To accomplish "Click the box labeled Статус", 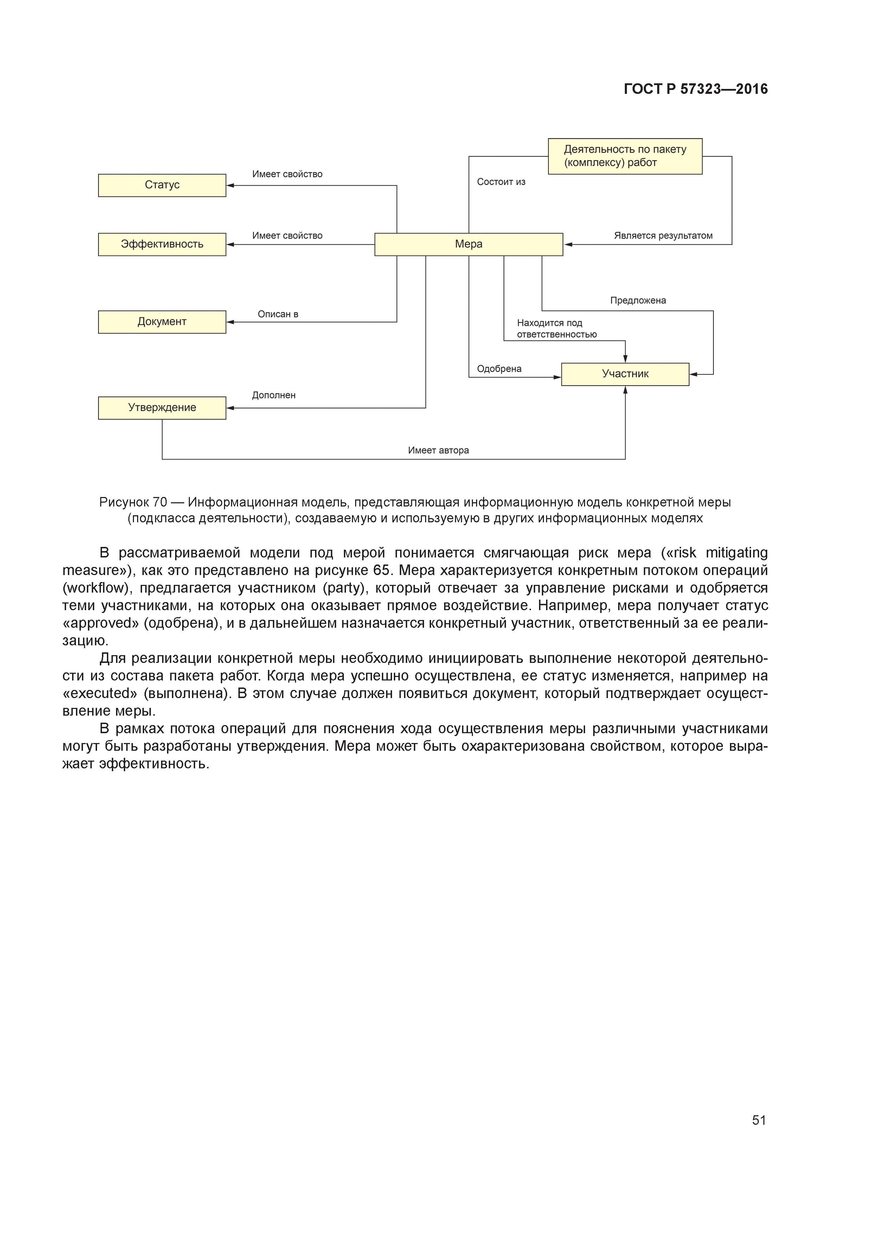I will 162,185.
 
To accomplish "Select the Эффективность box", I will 162,244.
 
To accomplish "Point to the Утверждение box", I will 162,408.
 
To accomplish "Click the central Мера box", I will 468,244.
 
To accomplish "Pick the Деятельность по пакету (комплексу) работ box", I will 625,156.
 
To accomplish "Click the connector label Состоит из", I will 501,182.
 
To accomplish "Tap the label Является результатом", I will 663,236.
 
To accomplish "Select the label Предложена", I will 638,301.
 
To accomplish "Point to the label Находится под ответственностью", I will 556,329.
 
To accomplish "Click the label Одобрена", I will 499,369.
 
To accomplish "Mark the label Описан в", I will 278,314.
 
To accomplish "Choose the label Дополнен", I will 274,395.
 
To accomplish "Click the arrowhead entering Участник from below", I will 626,390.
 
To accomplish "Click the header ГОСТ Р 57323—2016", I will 696,89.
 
